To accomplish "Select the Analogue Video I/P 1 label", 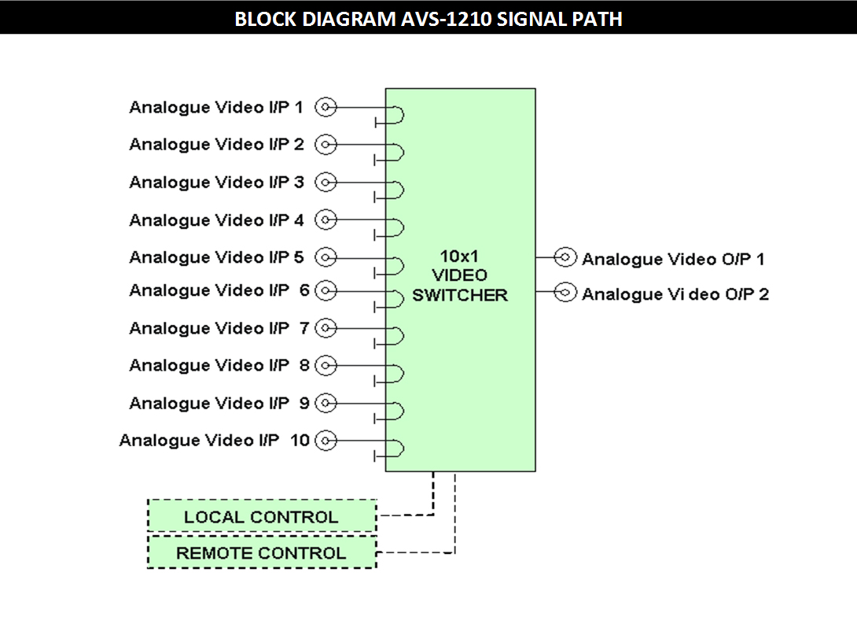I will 216,107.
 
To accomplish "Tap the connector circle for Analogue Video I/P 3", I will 326,183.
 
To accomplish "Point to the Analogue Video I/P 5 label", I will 216,257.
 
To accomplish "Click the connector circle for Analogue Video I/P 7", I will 326,328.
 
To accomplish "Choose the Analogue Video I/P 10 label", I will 214,441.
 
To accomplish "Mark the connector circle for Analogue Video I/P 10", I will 326,441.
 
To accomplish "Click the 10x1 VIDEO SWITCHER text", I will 460,275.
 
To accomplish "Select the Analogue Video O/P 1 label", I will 673,259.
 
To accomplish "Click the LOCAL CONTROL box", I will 261,516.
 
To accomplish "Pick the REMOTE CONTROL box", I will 261,552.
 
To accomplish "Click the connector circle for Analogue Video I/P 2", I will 326,145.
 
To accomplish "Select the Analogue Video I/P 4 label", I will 216,220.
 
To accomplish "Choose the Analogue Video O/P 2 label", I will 675,294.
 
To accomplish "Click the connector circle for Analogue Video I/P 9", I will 326,404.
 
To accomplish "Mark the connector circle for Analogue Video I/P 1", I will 326,107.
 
